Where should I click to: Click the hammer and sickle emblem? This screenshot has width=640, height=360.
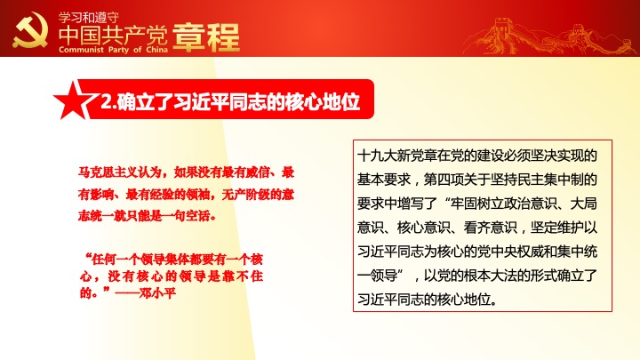(x=30, y=30)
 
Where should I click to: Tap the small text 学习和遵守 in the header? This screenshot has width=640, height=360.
(x=89, y=18)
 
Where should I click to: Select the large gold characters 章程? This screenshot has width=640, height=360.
(x=206, y=37)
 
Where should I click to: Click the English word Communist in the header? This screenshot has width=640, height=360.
(x=81, y=50)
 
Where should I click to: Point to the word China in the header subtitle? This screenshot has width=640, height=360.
(x=157, y=50)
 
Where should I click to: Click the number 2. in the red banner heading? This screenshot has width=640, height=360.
(x=108, y=101)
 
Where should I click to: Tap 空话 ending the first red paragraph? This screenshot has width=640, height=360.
(x=198, y=215)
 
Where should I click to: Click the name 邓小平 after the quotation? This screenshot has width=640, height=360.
(x=157, y=293)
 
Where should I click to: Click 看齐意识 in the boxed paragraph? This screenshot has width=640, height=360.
(x=490, y=228)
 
